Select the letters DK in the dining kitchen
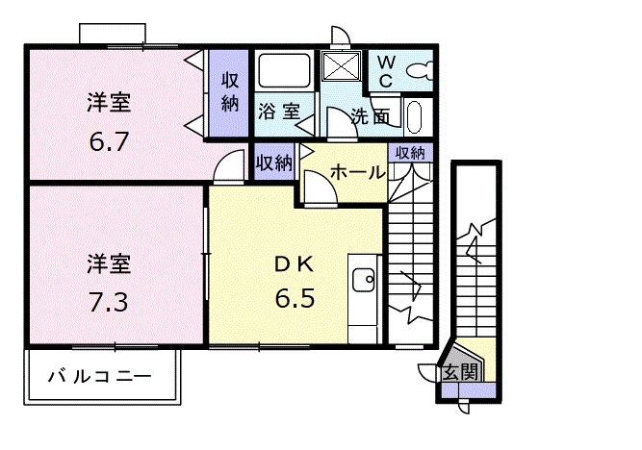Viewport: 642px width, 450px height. (295, 262)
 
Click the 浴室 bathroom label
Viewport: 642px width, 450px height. (278, 112)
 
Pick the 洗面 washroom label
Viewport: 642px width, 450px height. (370, 117)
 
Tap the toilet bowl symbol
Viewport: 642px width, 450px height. (419, 70)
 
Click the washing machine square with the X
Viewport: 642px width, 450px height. (339, 67)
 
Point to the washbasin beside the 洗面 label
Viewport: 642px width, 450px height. (415, 117)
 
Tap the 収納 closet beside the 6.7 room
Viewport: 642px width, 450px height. (230, 91)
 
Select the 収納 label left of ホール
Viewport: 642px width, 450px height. (274, 162)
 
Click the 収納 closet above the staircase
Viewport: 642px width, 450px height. (410, 152)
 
